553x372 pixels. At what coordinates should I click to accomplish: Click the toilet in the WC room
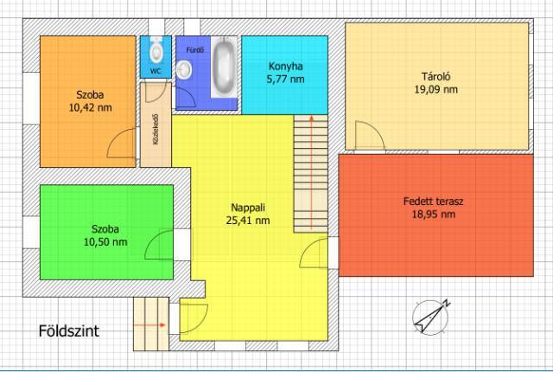pos(156,50)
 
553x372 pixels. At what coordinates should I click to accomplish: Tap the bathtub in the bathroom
pos(224,67)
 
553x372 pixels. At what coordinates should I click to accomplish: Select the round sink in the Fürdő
pos(183,69)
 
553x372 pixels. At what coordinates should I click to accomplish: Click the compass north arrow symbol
pos(431,317)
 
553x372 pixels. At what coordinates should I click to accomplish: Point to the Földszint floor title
pos(69,331)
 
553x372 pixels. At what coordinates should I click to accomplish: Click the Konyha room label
pos(286,66)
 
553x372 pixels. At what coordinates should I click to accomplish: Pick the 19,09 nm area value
pos(435,89)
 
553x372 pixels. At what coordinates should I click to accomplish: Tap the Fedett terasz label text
pos(434,202)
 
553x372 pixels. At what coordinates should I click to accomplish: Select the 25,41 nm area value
pos(248,221)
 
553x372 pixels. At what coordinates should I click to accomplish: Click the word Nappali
pos(248,208)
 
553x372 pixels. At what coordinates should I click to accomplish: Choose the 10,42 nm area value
pos(90,107)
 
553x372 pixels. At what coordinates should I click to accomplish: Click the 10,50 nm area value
pos(105,242)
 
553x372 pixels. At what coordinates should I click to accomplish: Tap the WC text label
pos(156,71)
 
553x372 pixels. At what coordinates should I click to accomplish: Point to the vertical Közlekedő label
pos(156,129)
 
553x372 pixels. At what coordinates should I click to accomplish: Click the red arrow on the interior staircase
pos(311,172)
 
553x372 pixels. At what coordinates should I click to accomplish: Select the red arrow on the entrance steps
pos(149,325)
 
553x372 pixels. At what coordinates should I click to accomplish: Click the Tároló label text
pos(435,76)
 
